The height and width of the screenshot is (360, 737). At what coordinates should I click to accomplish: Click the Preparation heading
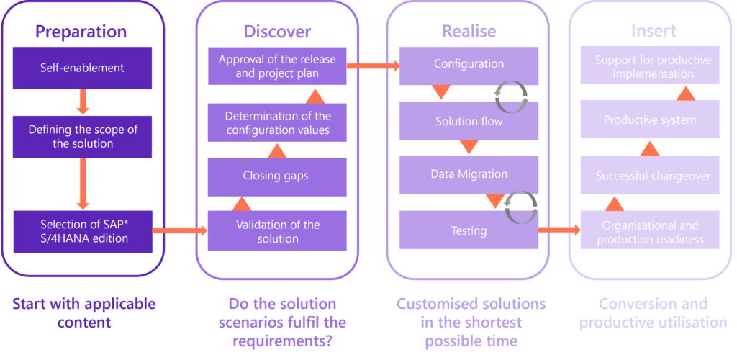coord(81,32)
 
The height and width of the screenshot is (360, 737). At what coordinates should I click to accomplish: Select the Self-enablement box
coord(82,68)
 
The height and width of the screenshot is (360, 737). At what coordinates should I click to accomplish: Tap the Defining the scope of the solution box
coord(82,136)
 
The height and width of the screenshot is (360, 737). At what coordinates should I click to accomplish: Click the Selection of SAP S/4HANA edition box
coord(82,230)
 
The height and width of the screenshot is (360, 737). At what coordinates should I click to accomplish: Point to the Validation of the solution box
coord(277,231)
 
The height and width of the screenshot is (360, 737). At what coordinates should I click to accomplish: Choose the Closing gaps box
coord(277,176)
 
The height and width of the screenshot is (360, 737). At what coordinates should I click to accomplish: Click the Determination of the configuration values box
coord(277,122)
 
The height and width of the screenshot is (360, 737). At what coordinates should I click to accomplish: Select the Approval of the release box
coord(277,66)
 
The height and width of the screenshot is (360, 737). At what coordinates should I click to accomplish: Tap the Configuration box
coord(469,65)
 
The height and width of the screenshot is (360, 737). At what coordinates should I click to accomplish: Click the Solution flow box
coord(469,121)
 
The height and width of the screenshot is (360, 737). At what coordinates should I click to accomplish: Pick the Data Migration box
coord(469,174)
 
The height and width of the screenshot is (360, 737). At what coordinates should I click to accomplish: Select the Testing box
coord(469,231)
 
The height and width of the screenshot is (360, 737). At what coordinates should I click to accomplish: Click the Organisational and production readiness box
coord(650,231)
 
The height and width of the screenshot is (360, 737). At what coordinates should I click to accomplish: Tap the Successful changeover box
coord(650,176)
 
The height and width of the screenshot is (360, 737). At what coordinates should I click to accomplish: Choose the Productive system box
coord(650,120)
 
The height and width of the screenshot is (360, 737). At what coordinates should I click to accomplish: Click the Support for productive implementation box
coord(650,66)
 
